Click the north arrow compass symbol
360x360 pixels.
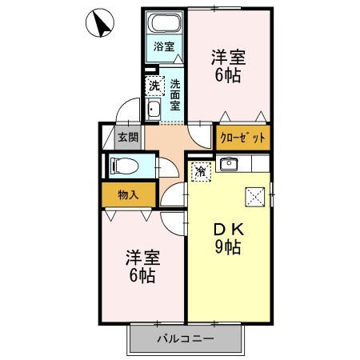tap(100, 22)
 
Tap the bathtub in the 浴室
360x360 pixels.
tap(164, 22)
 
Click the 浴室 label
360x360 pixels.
tap(164, 46)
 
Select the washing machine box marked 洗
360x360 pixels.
tap(154, 86)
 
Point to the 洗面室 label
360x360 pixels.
tap(175, 95)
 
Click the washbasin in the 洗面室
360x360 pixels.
tap(153, 109)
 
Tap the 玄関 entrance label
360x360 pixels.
tap(128, 138)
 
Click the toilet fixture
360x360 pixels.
tap(124, 166)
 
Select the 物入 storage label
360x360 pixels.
tap(128, 195)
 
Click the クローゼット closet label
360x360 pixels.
tap(242, 138)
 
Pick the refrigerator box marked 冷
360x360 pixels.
tap(202, 172)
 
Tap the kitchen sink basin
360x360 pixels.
tap(229, 164)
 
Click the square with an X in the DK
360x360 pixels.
tap(255, 197)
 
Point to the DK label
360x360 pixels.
tap(229, 230)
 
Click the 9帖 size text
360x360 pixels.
tap(228, 247)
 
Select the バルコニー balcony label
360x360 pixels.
tap(186, 339)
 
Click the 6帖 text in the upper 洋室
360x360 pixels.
tap(228, 75)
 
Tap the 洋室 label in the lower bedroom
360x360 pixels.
tap(142, 258)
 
